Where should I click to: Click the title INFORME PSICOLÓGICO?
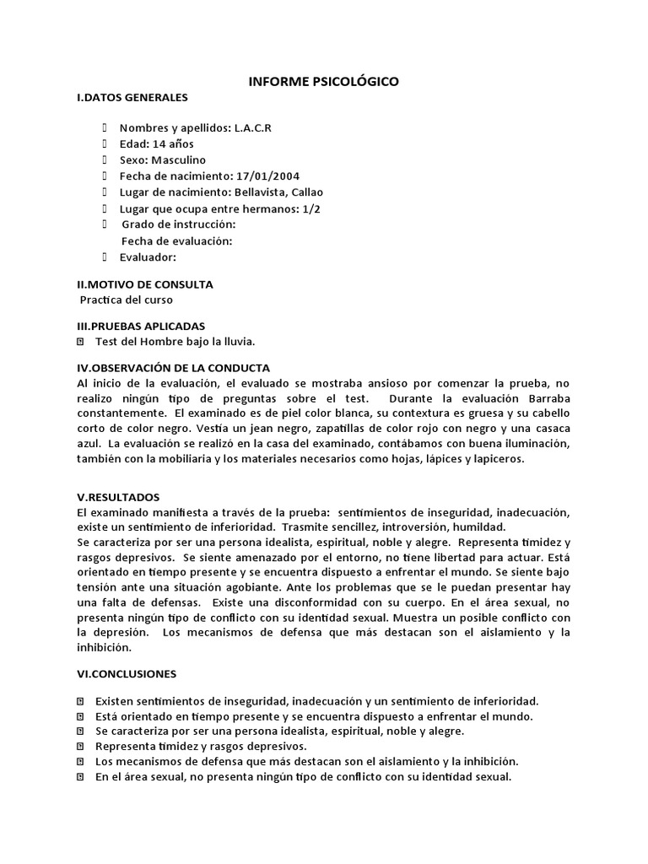[x=323, y=82]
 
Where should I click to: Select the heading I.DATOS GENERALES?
[x=132, y=99]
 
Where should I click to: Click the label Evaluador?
[x=148, y=256]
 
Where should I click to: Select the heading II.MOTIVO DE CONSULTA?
[x=144, y=284]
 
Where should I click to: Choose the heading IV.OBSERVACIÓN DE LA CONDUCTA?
[x=173, y=368]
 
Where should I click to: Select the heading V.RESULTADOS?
[x=118, y=497]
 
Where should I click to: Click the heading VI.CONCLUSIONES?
[x=127, y=674]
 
